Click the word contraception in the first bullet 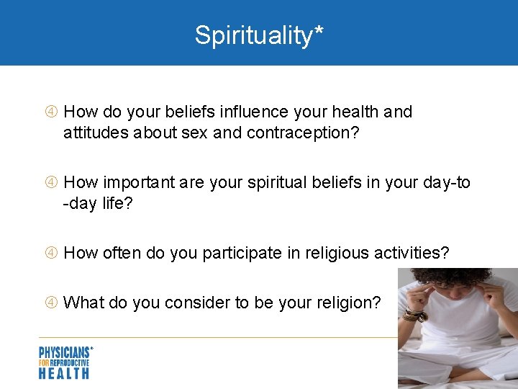pos(295,133)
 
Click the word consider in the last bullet pos(196,303)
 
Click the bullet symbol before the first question pos(52,112)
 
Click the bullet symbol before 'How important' pos(52,183)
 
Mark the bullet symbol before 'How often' pos(52,254)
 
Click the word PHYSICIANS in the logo pos(64,352)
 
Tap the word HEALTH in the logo pos(64,372)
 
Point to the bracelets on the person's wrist pos(415,314)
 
